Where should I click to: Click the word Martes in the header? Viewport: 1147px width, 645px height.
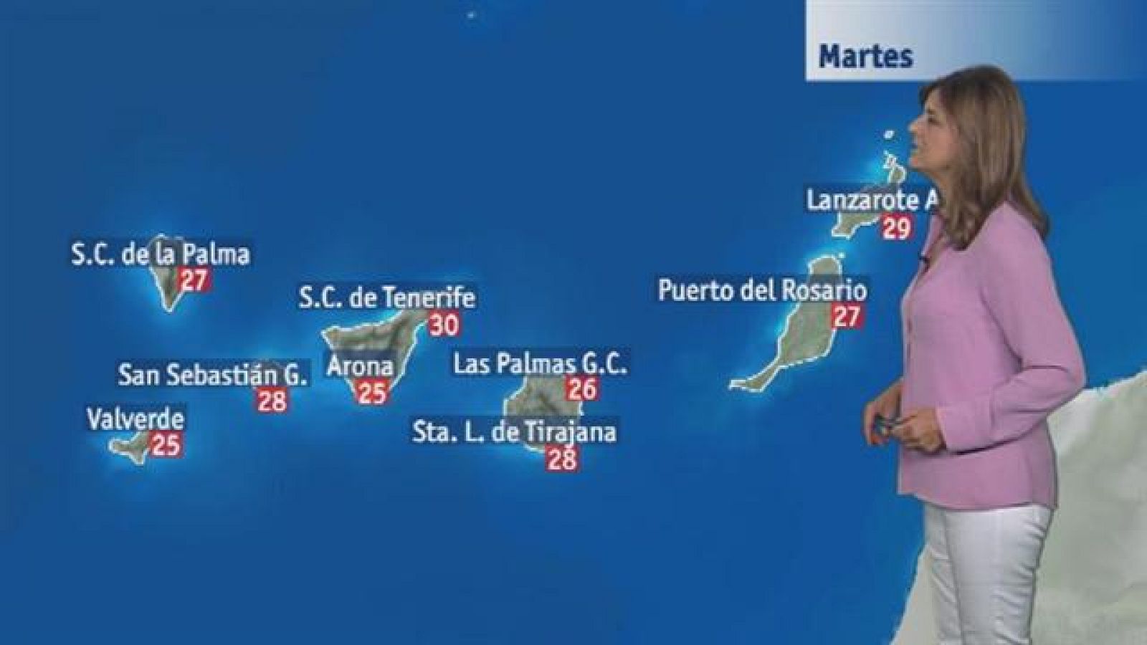(x=866, y=56)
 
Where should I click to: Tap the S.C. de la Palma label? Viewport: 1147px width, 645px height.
(x=161, y=254)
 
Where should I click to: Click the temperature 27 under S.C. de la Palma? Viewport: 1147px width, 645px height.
(x=194, y=279)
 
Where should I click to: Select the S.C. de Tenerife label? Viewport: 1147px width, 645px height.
(x=387, y=297)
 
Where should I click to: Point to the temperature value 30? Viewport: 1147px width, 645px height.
(x=444, y=325)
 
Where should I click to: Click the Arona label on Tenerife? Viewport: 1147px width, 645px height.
(x=360, y=367)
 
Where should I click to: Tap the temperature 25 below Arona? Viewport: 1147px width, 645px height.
(x=372, y=393)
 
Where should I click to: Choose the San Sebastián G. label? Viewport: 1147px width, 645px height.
(x=213, y=374)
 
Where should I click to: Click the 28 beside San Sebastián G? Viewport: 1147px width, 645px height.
(x=272, y=400)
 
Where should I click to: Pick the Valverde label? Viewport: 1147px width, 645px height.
(x=135, y=419)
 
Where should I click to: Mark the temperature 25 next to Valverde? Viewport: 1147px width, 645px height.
(x=166, y=445)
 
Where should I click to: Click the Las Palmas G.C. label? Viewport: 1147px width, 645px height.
(x=541, y=364)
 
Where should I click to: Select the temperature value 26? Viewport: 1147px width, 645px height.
(x=582, y=389)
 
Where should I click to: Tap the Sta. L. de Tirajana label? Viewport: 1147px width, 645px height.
(x=515, y=432)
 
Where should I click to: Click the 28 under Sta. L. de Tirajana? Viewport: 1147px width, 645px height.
(x=562, y=458)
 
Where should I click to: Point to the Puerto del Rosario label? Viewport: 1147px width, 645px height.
(x=763, y=290)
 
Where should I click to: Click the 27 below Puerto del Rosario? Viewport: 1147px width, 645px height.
(x=847, y=316)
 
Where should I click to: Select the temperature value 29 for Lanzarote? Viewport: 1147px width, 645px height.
(x=896, y=228)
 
